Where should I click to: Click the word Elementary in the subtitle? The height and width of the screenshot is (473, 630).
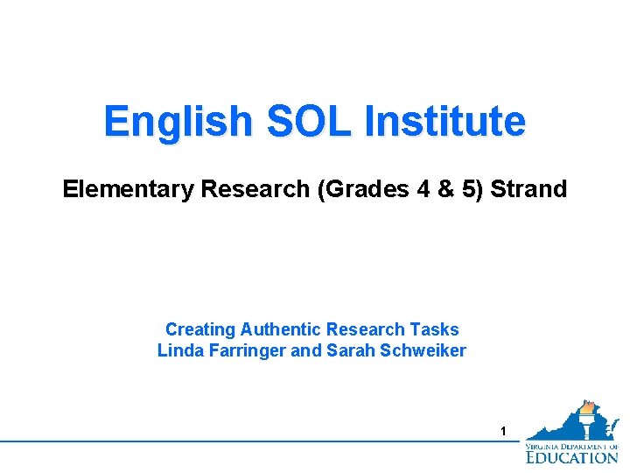[128, 189]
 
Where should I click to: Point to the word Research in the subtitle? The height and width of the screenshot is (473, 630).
[255, 189]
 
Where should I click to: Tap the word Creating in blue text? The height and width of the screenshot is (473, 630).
[200, 330]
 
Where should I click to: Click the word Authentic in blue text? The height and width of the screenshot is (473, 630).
[282, 330]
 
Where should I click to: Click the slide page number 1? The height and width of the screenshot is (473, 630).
[503, 431]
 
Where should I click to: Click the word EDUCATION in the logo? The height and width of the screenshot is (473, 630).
[572, 456]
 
